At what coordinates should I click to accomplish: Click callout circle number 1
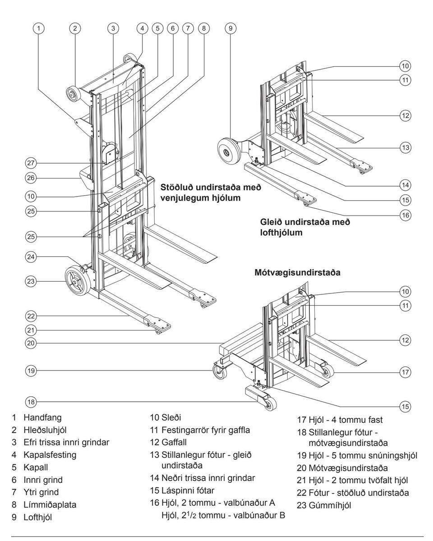point(41,28)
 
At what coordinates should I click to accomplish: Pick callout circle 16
point(405,215)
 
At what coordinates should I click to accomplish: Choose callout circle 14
point(405,184)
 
